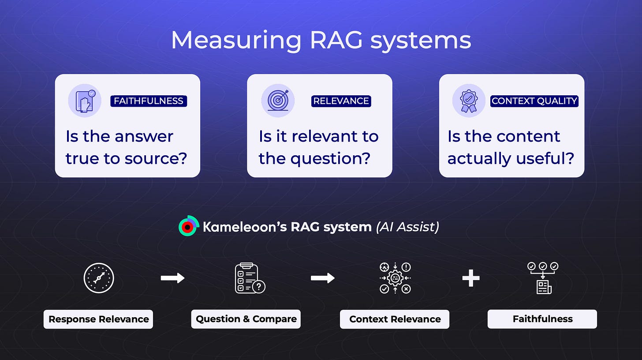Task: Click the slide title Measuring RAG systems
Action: [x=321, y=41]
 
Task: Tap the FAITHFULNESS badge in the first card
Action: [x=149, y=101]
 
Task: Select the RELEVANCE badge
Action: [x=341, y=101]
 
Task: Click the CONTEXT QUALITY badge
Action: [x=534, y=101]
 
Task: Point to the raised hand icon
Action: [x=85, y=101]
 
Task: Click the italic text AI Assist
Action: [x=407, y=227]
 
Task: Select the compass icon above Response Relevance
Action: [x=99, y=278]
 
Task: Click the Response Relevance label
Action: [x=98, y=319]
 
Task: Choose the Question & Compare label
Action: [x=246, y=319]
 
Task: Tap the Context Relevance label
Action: [x=395, y=319]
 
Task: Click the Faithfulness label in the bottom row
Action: [x=542, y=319]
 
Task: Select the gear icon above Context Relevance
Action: [x=395, y=278]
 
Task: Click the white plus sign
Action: [x=470, y=278]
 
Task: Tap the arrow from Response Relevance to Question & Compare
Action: [x=172, y=278]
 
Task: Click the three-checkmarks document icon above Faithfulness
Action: [x=543, y=278]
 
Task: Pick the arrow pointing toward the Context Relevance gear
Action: [x=322, y=278]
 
